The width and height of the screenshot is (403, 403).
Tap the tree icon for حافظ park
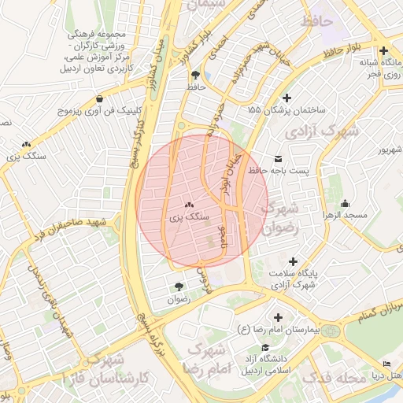pos(194,74)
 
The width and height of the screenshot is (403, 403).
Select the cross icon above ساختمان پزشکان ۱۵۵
pos(287,98)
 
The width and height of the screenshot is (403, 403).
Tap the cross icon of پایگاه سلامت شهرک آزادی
pos(294,261)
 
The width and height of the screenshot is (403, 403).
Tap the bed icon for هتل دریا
pos(386,363)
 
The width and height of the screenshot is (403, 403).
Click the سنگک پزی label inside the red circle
pos(189,216)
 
